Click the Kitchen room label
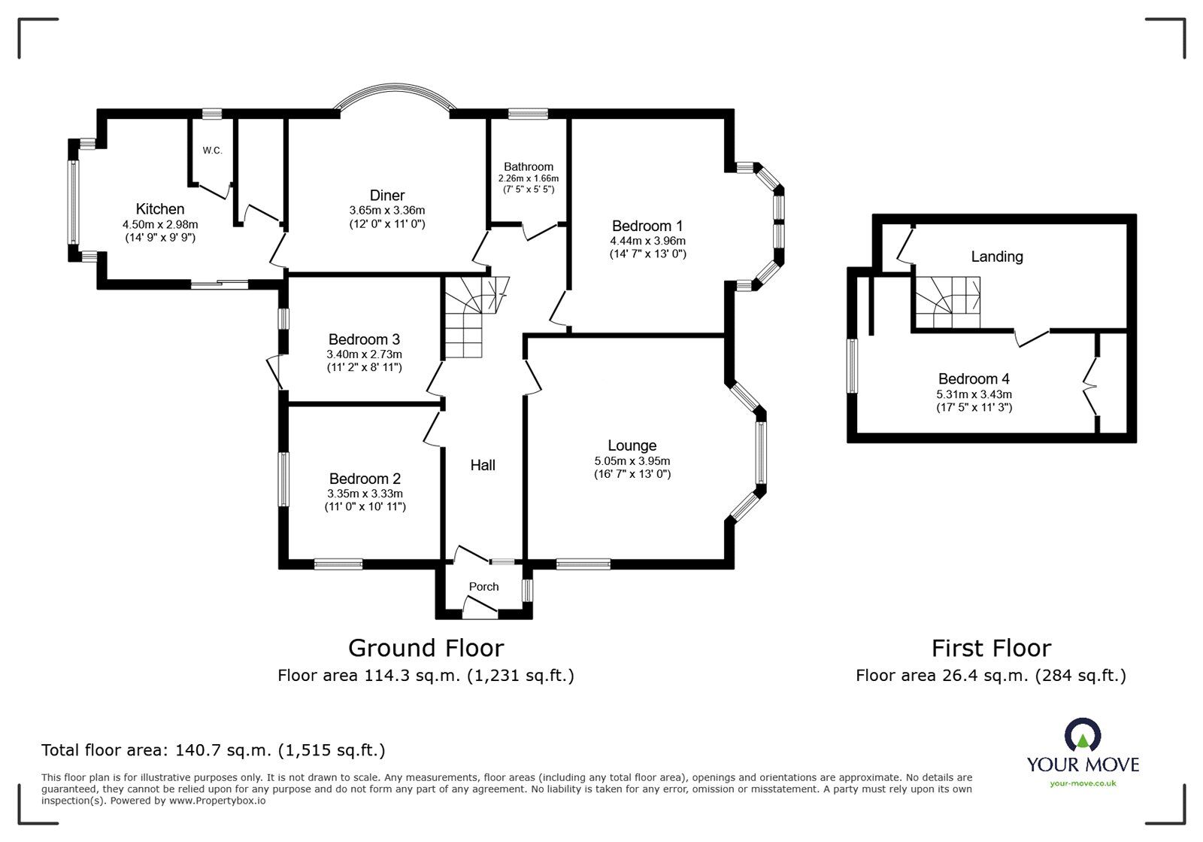coord(160,209)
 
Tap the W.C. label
coord(212,150)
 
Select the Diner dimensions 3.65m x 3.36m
coord(386,210)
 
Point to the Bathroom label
coord(529,166)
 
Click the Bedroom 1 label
coord(647,226)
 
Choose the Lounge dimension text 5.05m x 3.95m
coord(632,461)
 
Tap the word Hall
coord(483,465)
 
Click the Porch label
coord(484,587)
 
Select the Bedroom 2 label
coord(365,479)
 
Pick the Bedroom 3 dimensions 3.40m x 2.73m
coord(364,354)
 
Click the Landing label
coord(997,257)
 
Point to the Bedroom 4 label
coord(974,378)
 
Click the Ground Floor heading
coord(426,648)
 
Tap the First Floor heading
coord(991,648)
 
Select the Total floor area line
coord(214,750)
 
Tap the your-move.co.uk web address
coord(1083,783)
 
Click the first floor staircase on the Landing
coord(948,302)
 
